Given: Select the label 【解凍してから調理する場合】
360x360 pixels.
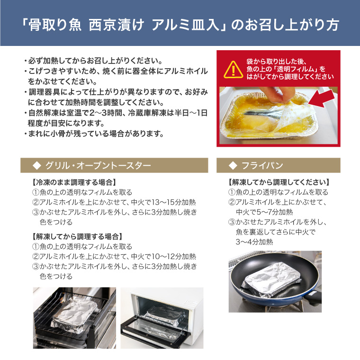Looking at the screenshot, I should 77,236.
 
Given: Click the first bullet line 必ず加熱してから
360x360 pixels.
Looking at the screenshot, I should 95,61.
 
